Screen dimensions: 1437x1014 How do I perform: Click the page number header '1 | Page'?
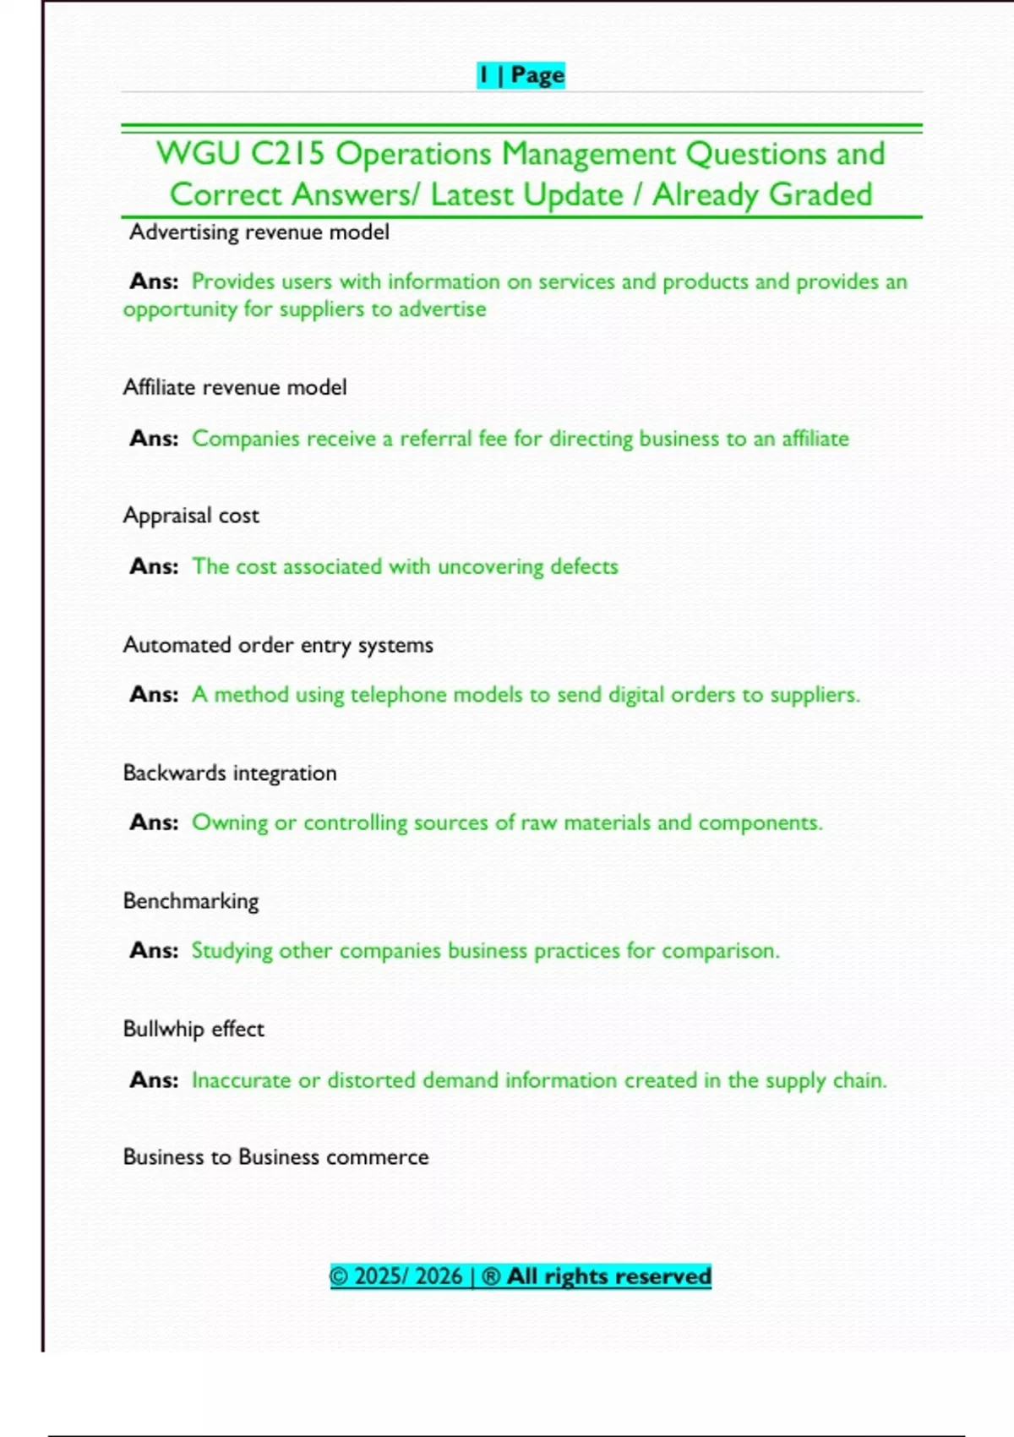pyautogui.click(x=521, y=75)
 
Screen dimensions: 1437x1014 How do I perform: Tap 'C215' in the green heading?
pyautogui.click(x=287, y=154)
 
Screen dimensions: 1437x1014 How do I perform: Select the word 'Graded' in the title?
pyautogui.click(x=820, y=194)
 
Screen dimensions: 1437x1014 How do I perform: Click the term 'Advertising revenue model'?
pyautogui.click(x=259, y=232)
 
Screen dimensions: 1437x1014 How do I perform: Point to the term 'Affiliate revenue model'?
pyautogui.click(x=235, y=387)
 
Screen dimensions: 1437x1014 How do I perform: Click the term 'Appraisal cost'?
pyautogui.click(x=191, y=516)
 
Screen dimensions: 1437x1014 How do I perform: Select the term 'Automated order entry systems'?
pyautogui.click(x=278, y=645)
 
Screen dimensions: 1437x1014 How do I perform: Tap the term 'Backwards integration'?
pyautogui.click(x=230, y=773)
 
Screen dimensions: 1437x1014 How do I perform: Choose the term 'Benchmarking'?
pyautogui.click(x=191, y=901)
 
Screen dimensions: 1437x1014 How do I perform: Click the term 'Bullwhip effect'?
pyautogui.click(x=194, y=1029)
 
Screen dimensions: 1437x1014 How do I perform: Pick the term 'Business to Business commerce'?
pyautogui.click(x=275, y=1156)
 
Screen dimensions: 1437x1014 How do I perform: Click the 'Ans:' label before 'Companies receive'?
pyautogui.click(x=154, y=438)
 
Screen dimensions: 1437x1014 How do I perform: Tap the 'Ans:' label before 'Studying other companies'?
pyautogui.click(x=154, y=950)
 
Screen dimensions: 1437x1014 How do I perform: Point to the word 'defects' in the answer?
pyautogui.click(x=584, y=566)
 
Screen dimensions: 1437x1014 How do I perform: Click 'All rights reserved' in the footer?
pyautogui.click(x=608, y=1276)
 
